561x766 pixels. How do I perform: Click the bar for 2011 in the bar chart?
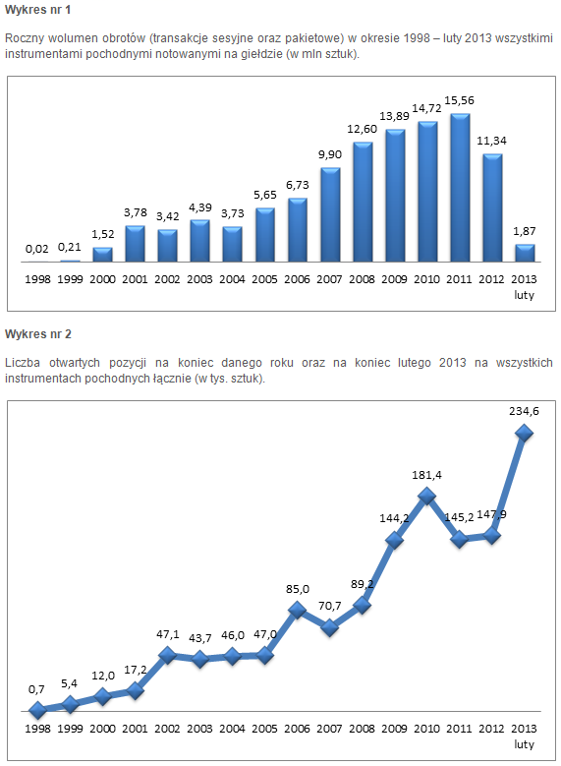tap(460, 188)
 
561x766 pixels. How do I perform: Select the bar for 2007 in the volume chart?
tap(330, 215)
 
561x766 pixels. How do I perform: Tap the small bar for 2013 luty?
tap(525, 253)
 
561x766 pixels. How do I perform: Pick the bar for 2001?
tap(136, 244)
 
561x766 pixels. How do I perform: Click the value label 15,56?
tap(460, 100)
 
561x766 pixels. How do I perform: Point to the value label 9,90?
tap(330, 154)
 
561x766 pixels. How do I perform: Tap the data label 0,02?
tap(37, 249)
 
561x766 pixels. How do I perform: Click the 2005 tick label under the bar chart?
tap(264, 279)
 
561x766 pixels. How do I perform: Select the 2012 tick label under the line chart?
tap(491, 729)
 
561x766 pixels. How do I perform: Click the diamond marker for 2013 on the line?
tap(524, 433)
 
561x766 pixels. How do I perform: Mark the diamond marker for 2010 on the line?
tap(426, 496)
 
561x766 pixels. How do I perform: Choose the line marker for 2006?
tap(297, 610)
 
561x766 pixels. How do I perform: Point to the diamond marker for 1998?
tap(37, 710)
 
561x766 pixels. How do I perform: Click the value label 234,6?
tap(524, 411)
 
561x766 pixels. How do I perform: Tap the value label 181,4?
tap(426, 475)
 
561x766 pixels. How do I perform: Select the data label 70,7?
tap(330, 606)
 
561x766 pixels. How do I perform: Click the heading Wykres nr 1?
tap(38, 10)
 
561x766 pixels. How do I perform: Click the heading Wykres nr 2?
tap(38, 334)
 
